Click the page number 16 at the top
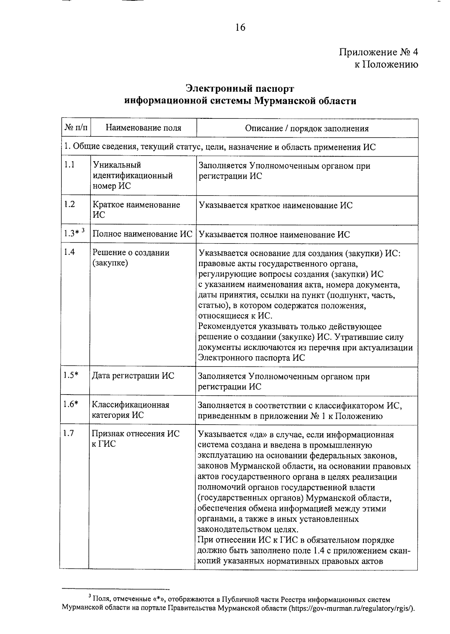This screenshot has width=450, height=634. (240, 27)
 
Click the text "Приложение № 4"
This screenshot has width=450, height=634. (379, 52)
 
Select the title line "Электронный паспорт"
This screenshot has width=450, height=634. (240, 89)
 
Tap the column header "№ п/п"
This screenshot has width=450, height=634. (76, 128)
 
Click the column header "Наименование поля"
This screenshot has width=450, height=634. (143, 128)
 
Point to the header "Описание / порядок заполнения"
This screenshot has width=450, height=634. (307, 129)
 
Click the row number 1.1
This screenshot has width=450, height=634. (69, 165)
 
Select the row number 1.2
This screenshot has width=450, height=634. (69, 205)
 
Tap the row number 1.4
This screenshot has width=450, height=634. (69, 252)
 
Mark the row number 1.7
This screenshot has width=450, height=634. (69, 434)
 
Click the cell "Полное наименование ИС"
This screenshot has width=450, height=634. (142, 234)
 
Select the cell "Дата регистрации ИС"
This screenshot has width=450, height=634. (133, 376)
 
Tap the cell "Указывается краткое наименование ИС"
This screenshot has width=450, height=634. (276, 205)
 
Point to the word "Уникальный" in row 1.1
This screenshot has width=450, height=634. (117, 165)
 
